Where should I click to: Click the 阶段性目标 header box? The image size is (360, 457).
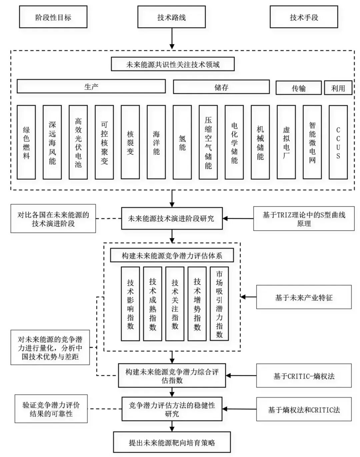pos(53,17)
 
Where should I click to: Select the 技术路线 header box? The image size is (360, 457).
pos(171,17)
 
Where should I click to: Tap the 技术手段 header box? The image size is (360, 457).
pos(304,17)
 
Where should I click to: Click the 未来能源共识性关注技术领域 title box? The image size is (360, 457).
pos(173,64)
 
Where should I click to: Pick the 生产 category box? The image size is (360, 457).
pos(91,87)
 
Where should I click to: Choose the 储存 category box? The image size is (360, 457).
pos(221,87)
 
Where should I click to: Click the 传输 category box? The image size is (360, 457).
pos(298,88)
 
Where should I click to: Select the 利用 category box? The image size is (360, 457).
pos(338,88)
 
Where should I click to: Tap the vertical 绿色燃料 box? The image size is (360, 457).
pos(26,143)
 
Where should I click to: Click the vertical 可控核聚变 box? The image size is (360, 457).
pos(104,143)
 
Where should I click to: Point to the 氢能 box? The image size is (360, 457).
pos(182,143)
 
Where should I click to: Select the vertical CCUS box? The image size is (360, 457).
pos(338,143)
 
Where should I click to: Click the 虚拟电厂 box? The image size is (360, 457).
pos(286,143)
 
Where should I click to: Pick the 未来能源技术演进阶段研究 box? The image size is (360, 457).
pos(172,219)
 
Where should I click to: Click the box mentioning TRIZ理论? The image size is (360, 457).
pos(304,219)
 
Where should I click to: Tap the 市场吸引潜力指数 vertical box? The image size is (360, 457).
pos(219,304)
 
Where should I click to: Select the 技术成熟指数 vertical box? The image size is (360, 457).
pos(152,304)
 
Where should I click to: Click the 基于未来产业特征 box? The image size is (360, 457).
pos(304,297)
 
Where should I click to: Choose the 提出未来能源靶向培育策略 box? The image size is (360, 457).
pos(172,442)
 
